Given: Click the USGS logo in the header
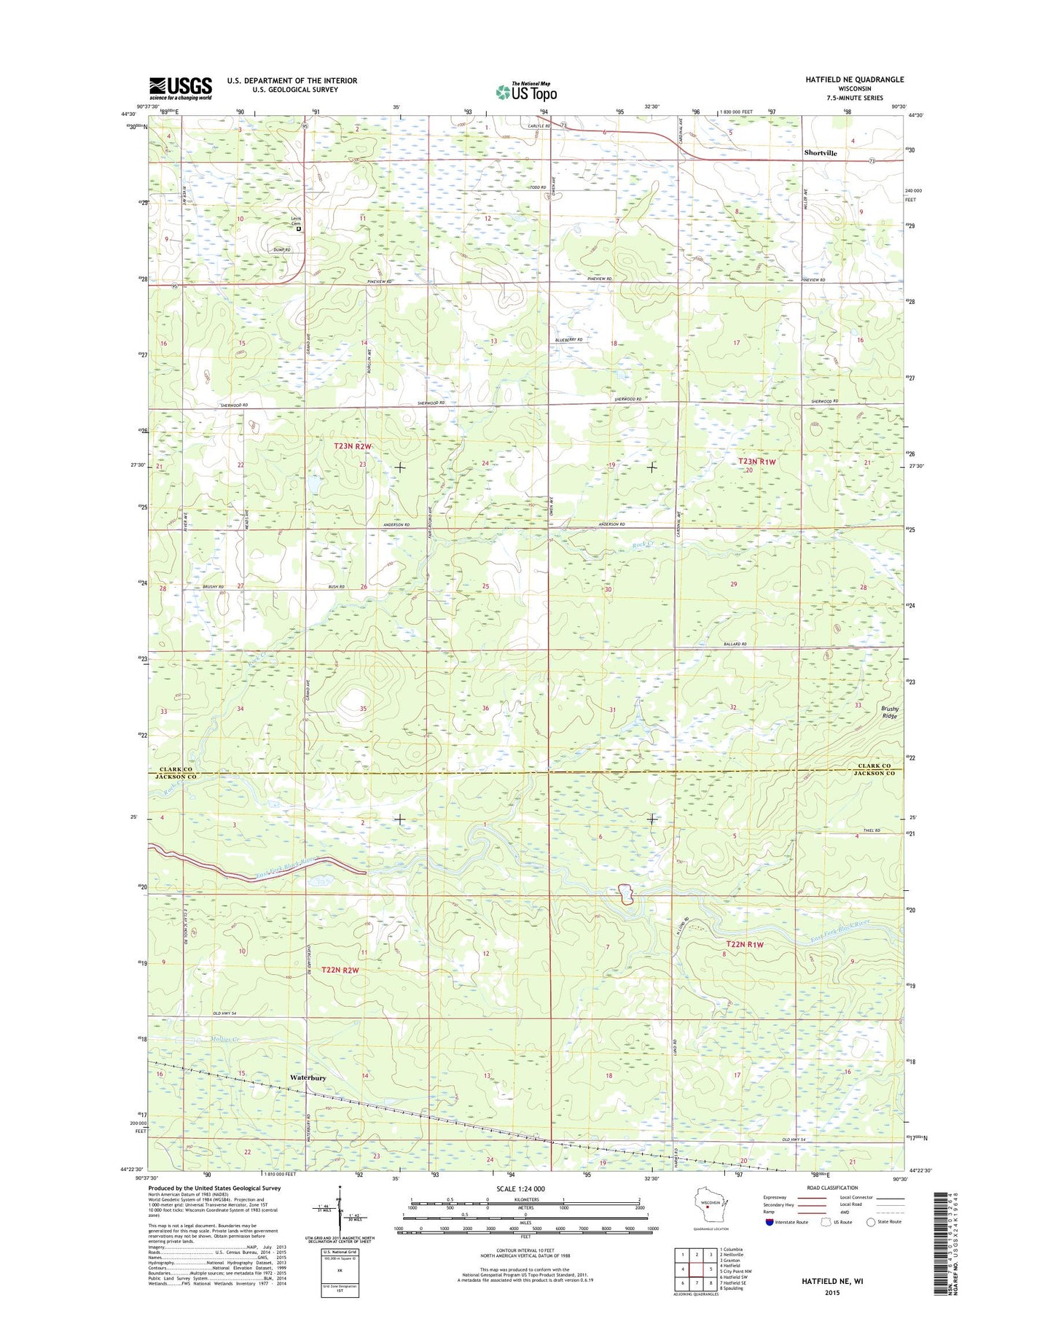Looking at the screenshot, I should pos(180,88).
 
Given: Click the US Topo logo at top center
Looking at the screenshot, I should pos(526,91).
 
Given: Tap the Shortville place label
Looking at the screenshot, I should pos(821,153).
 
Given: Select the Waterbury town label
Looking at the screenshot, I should pos(308,1078).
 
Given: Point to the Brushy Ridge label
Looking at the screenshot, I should pos(890,712).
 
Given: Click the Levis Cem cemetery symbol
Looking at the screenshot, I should pos(299,229).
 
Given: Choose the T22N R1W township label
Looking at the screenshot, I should pos(744,944).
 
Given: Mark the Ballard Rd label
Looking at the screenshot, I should pos(736,644).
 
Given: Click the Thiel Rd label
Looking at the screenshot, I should pos(872,830).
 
